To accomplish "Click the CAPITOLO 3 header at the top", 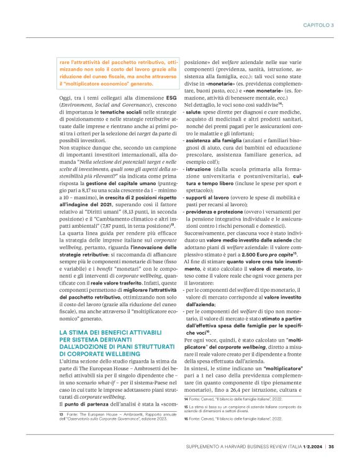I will [x=319, y=25].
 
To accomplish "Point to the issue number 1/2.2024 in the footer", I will [x=308, y=445].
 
